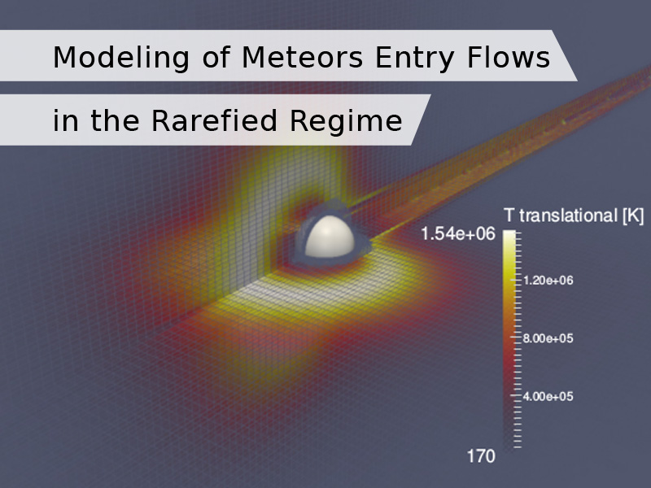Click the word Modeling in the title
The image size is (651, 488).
121,58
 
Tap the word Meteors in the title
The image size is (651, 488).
302,57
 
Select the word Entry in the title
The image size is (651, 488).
414,58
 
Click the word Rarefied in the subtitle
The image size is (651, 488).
214,120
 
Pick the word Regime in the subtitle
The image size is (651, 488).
346,122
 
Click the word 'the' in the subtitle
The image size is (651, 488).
115,120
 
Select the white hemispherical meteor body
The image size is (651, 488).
330,237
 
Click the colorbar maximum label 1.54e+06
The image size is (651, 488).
458,233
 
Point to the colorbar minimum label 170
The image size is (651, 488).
481,456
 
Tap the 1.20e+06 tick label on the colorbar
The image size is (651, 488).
548,281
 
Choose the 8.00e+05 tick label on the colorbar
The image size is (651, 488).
548,338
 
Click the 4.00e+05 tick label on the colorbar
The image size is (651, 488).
548,397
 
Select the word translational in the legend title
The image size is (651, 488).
568,216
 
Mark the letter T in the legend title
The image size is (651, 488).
509,216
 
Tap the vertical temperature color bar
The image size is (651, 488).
509,339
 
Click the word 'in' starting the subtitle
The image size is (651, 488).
65,120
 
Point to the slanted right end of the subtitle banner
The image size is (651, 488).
421,120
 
